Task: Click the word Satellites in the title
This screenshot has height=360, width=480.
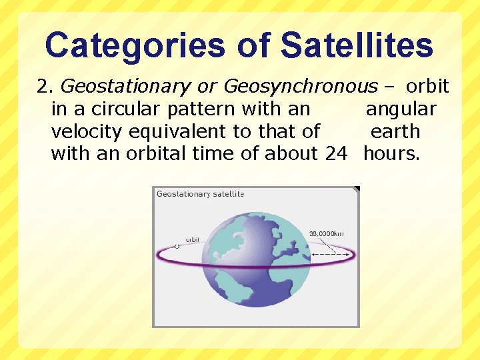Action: (x=357, y=46)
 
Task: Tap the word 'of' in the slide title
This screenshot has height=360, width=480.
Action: (x=253, y=46)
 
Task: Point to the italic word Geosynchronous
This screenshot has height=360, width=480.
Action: (x=300, y=87)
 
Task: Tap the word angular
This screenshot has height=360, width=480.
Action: (x=401, y=109)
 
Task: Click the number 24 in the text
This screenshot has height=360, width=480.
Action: (x=336, y=153)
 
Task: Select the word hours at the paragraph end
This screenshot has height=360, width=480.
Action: (x=391, y=153)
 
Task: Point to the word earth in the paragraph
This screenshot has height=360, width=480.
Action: (x=395, y=131)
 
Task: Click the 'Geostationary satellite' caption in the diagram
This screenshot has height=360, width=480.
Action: (x=200, y=194)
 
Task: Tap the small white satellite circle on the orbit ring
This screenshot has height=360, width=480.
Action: (x=177, y=246)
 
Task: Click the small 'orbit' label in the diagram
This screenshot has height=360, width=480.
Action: (x=193, y=239)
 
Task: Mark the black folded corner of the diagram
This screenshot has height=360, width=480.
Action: (x=357, y=189)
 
